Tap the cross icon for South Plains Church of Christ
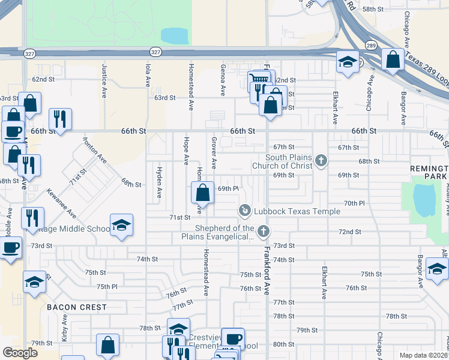tap(321, 160)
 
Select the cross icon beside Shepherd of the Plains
tap(262, 231)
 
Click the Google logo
tap(20, 353)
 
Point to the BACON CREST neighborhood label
tap(77, 307)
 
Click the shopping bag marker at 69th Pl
tap(203, 193)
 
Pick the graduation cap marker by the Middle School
tap(121, 225)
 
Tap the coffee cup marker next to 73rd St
tap(11, 247)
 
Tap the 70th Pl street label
tap(354, 203)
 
